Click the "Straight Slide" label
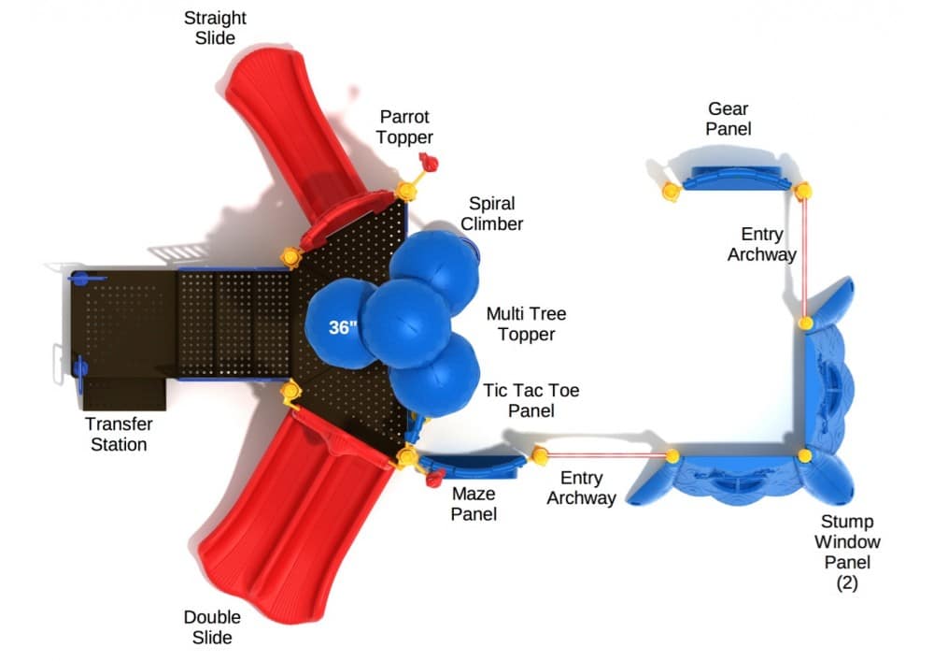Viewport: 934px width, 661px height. [x=215, y=28]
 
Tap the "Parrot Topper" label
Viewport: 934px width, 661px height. [x=404, y=127]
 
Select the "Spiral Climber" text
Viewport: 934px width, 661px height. [x=491, y=213]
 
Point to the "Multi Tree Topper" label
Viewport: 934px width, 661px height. [x=526, y=323]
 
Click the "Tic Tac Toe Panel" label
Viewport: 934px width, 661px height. [x=531, y=400]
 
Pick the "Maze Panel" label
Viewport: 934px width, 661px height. [x=473, y=503]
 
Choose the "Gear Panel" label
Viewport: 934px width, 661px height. [x=729, y=120]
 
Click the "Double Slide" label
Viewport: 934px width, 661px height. [x=212, y=627]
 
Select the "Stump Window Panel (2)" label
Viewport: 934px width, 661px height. [x=847, y=552]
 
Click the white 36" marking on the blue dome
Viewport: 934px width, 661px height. [x=343, y=327]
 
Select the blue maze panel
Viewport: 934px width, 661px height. [x=472, y=464]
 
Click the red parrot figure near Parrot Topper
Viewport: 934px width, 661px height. [x=427, y=160]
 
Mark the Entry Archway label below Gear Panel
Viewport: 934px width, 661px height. [x=762, y=244]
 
